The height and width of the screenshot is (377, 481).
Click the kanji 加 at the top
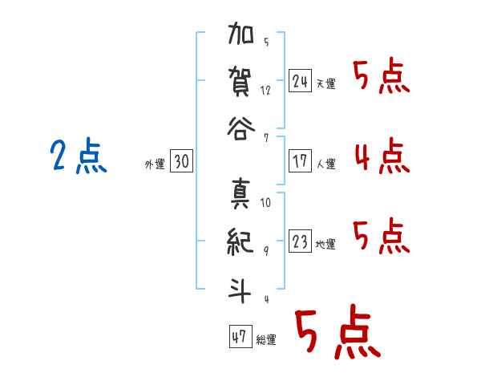[x=240, y=33]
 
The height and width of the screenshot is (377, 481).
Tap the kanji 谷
[x=240, y=128]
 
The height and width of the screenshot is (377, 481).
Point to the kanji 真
[x=240, y=194]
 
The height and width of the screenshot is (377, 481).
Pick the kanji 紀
[x=240, y=241]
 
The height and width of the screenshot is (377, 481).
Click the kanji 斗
[x=240, y=290]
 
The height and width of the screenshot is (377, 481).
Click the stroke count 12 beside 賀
[x=265, y=91]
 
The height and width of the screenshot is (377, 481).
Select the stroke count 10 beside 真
[x=265, y=202]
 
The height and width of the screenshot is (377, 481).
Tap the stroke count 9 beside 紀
[x=266, y=251]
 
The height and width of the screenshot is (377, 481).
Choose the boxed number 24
[x=300, y=81]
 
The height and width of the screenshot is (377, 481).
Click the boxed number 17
[x=300, y=160]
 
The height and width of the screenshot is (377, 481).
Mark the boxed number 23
[x=300, y=241]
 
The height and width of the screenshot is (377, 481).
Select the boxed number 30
[x=181, y=160]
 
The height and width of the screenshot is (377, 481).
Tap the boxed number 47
[x=240, y=336]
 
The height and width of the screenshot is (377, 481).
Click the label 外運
[x=155, y=164]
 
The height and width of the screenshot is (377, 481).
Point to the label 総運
[x=266, y=340]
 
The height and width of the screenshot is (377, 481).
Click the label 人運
[x=326, y=164]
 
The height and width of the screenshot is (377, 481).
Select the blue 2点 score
[x=79, y=156]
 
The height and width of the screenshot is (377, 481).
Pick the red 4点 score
[x=382, y=156]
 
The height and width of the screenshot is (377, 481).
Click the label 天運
[x=326, y=83]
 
